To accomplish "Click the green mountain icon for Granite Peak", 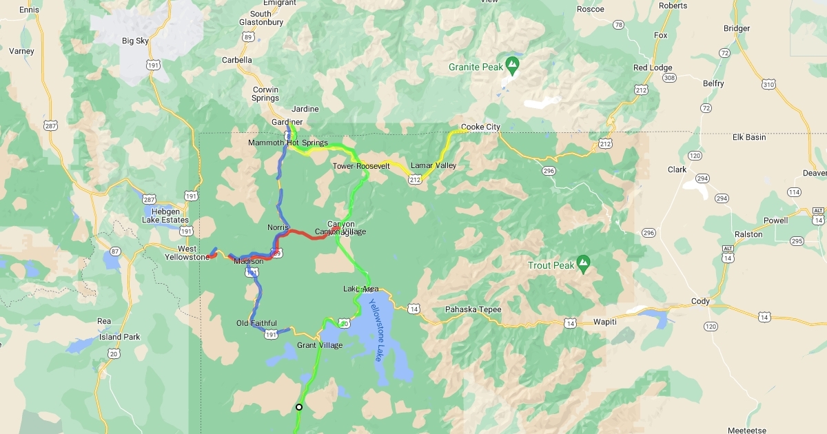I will click(512, 65).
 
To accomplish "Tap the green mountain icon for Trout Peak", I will click(584, 262).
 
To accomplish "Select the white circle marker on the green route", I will click(299, 407).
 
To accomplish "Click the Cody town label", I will click(700, 302).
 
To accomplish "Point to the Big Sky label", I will click(135, 41).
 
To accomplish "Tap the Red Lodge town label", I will click(652, 68).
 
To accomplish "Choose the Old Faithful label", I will click(256, 323).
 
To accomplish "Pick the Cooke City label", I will click(480, 127).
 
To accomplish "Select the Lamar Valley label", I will click(433, 166).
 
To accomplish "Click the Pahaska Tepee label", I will click(473, 309).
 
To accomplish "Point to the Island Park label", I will click(120, 338).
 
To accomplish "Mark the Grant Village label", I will click(320, 345).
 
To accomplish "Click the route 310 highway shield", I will click(768, 84).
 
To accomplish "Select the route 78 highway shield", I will click(618, 25).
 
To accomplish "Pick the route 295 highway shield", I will click(797, 241).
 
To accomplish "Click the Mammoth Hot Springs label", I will click(288, 143).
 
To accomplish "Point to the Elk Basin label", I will click(749, 137).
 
